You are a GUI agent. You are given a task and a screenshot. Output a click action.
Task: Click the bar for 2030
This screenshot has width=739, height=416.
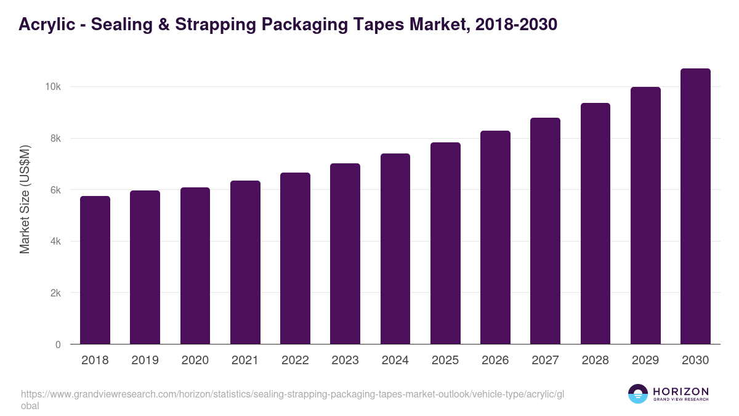(695, 206)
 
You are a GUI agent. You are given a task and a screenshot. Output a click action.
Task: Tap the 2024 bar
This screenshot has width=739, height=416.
(395, 249)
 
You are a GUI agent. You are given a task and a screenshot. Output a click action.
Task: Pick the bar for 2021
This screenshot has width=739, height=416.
(245, 263)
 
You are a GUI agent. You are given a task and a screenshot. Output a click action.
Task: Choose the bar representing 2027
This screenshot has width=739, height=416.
(545, 231)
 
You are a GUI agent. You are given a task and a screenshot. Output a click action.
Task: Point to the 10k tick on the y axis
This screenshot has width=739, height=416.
(52, 87)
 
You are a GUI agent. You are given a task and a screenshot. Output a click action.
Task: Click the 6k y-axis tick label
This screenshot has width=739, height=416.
(55, 190)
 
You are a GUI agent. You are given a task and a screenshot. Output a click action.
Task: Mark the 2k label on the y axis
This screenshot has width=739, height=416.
(55, 293)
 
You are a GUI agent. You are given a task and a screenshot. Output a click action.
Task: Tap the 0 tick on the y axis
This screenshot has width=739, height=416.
(58, 345)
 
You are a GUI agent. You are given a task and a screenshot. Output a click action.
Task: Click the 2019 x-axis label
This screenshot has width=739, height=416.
(145, 361)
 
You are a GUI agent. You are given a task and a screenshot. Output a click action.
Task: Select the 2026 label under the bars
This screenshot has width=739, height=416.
(495, 361)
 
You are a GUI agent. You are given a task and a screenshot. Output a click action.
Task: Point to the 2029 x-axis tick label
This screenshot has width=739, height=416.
(645, 361)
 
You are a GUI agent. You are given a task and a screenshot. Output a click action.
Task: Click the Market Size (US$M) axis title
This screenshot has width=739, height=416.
(25, 198)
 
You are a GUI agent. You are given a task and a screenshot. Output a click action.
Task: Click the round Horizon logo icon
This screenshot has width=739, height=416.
(638, 394)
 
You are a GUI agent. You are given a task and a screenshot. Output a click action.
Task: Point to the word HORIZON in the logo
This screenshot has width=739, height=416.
(680, 391)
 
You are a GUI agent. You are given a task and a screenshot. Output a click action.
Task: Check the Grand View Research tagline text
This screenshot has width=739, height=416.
(680, 400)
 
